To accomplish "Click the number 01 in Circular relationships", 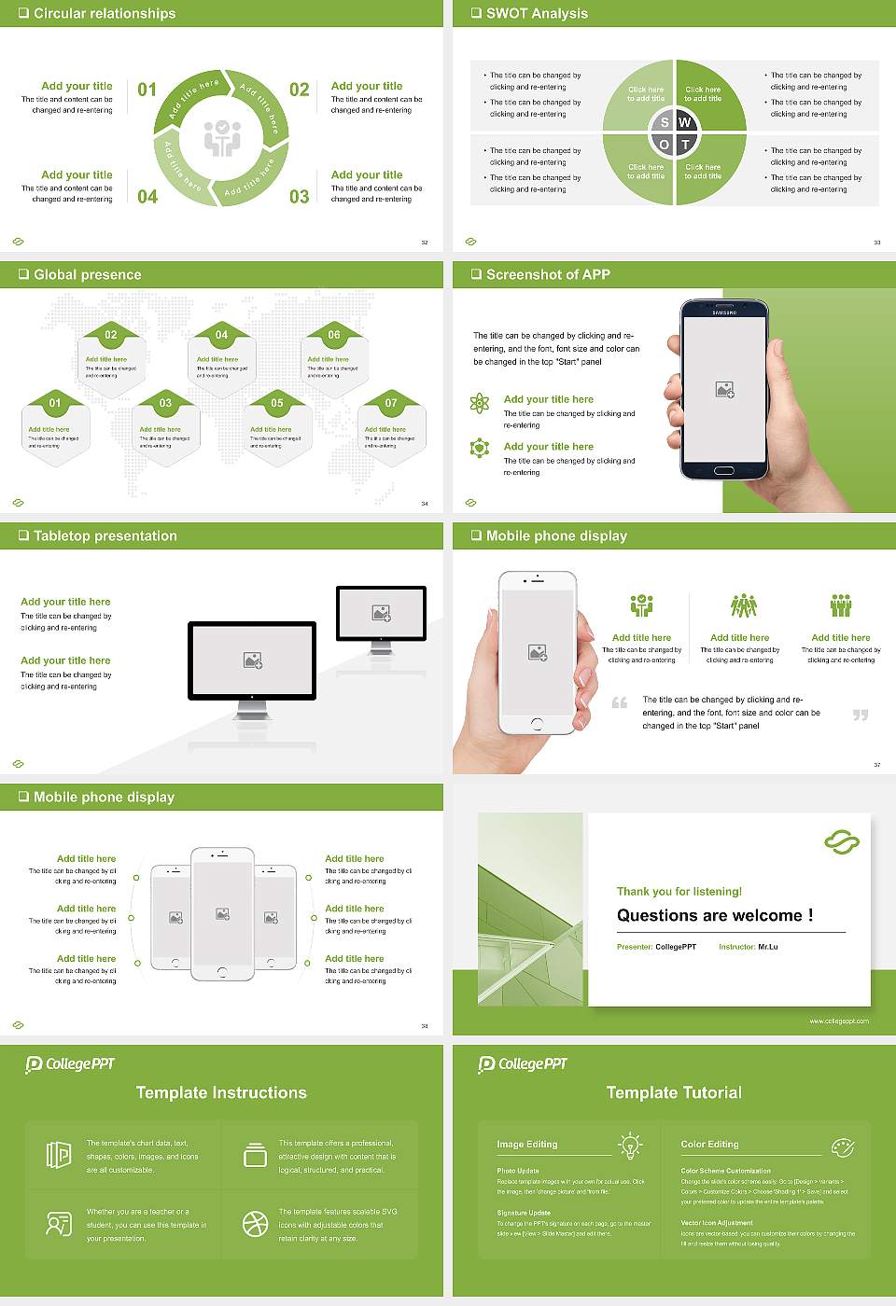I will click(x=147, y=90).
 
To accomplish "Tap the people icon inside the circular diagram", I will click(x=222, y=138).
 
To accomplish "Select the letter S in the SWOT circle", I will click(x=665, y=122).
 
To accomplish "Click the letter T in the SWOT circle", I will click(x=685, y=145).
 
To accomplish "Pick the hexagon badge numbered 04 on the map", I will click(x=221, y=335).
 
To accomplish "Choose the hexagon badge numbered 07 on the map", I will click(x=391, y=403).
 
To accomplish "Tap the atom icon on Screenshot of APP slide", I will click(x=480, y=403).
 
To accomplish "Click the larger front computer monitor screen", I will click(x=252, y=660).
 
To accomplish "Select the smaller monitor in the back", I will click(x=381, y=613).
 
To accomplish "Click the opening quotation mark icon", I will click(x=620, y=702).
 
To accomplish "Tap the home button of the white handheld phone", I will click(x=537, y=724).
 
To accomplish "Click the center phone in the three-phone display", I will click(x=222, y=913).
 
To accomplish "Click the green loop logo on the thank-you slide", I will click(x=841, y=842).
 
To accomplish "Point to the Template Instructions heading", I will click(x=221, y=1092).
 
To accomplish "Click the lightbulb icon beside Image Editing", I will click(x=630, y=1145).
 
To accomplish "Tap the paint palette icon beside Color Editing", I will click(x=842, y=1146).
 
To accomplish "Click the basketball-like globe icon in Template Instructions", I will click(x=255, y=1224).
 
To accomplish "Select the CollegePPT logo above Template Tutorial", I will click(x=523, y=1063).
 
